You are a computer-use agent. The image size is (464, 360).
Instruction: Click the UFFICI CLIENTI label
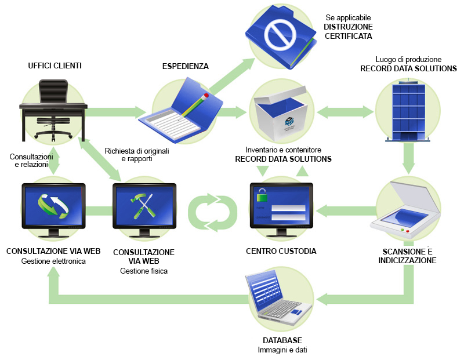click(x=55, y=66)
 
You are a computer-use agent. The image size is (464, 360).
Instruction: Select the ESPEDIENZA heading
click(x=185, y=66)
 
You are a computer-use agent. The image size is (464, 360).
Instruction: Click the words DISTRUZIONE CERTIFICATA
click(x=348, y=31)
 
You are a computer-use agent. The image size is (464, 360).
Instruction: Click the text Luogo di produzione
click(x=408, y=59)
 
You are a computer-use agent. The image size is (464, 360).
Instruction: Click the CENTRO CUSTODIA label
click(x=281, y=251)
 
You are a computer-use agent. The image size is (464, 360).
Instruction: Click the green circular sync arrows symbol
click(x=213, y=212)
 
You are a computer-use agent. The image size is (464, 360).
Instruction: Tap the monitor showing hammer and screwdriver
click(x=143, y=209)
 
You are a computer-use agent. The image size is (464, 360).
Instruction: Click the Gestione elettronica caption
click(x=53, y=261)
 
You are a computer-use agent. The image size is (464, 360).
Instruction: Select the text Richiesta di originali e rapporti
click(x=137, y=155)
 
